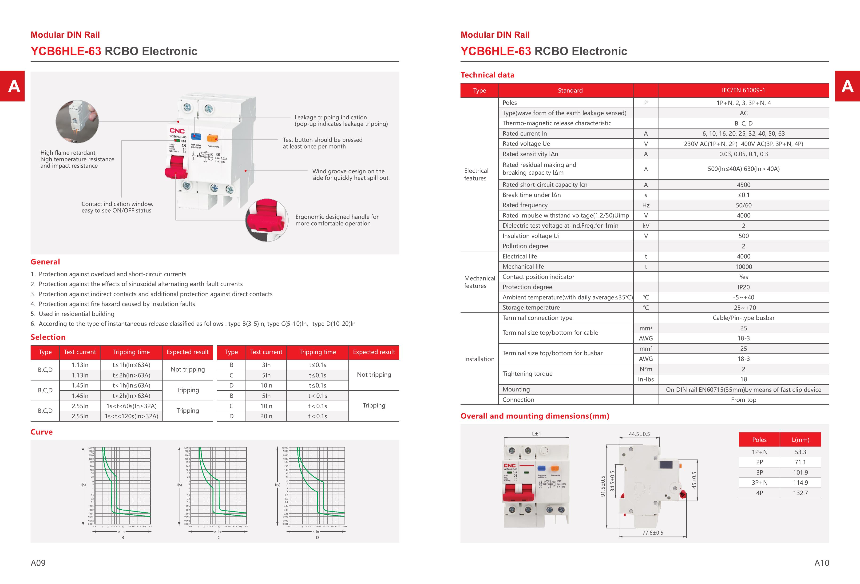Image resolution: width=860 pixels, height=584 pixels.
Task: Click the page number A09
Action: pos(38,563)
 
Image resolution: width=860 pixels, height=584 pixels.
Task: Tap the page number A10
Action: pos(821,563)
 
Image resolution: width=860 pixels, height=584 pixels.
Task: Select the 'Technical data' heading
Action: pos(487,75)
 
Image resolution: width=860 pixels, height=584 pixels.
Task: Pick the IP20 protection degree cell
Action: pos(743,287)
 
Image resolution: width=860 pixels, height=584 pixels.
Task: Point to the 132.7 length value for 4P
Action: pos(801,493)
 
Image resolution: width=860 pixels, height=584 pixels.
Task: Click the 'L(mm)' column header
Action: pos(801,439)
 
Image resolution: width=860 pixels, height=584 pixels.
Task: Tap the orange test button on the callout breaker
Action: pos(212,138)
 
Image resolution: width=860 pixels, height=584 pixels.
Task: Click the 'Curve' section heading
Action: pos(41,432)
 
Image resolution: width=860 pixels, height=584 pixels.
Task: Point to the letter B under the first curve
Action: pos(123,537)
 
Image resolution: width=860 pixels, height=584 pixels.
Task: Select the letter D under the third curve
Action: pos(317,537)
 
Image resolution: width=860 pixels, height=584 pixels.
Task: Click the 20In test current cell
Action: pos(266,416)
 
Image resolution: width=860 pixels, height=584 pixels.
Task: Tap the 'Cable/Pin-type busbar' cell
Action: pos(743,318)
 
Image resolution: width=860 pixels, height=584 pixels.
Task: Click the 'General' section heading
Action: pos(45,262)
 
